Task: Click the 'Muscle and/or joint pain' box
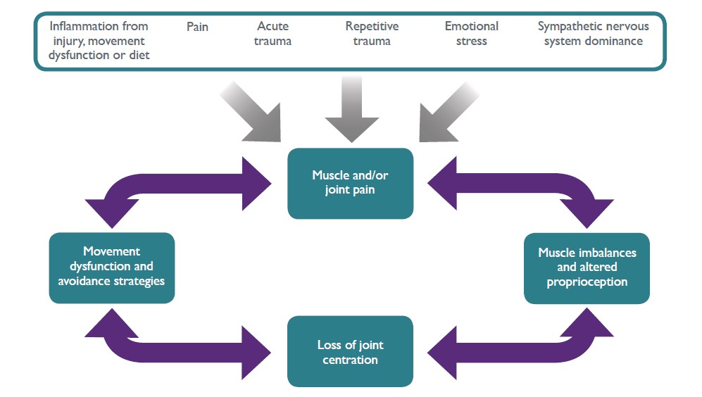click(350, 183)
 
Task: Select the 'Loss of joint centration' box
click(350, 352)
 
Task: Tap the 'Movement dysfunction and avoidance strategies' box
click(112, 267)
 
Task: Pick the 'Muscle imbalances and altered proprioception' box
click(587, 267)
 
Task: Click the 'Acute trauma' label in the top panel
click(273, 34)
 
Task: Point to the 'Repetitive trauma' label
click(372, 34)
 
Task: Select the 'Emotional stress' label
click(471, 34)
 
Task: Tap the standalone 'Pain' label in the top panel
click(197, 27)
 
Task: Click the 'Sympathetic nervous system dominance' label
click(593, 34)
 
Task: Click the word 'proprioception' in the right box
click(587, 282)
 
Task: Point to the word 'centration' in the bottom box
click(350, 360)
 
